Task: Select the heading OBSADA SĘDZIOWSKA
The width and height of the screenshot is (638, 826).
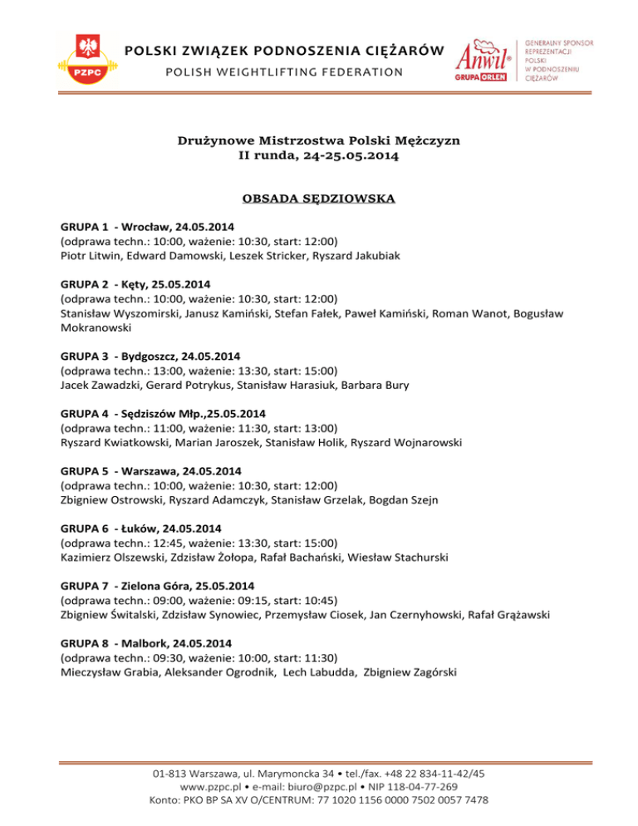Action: (x=319, y=199)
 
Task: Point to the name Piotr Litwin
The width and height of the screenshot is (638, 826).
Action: (x=89, y=257)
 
